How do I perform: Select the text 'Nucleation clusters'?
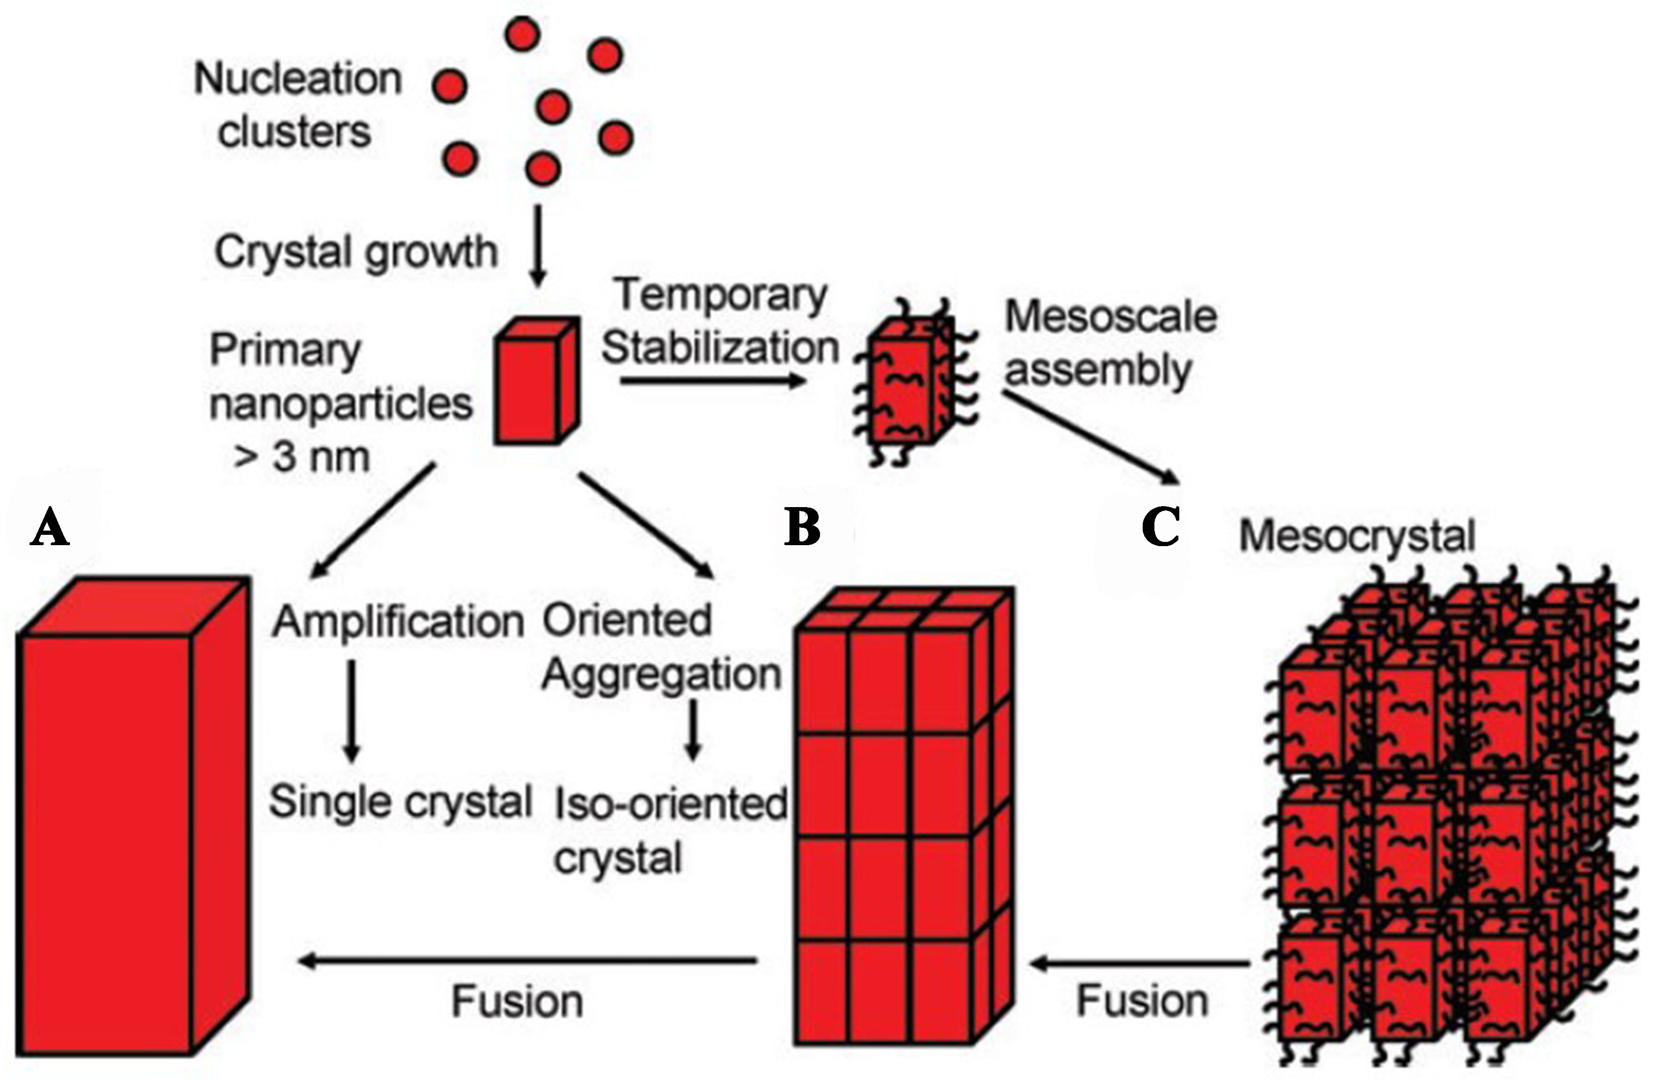297,105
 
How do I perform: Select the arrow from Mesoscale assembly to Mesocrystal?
1091,437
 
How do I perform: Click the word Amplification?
397,621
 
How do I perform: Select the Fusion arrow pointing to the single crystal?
528,962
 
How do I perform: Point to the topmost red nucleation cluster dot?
522,33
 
